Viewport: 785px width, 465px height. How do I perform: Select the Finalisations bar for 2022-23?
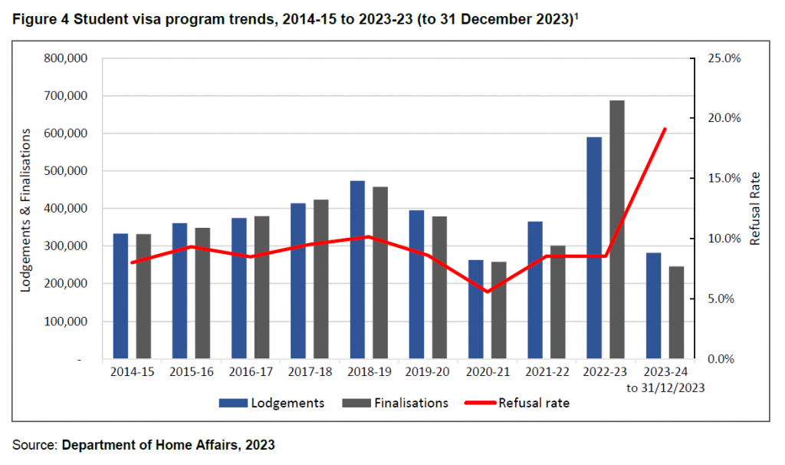click(617, 229)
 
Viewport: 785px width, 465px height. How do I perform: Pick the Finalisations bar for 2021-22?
click(558, 302)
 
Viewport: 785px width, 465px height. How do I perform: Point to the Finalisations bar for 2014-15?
click(143, 296)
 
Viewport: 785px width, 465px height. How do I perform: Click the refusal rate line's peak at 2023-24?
click(665, 129)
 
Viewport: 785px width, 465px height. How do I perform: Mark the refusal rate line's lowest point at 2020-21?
click(488, 292)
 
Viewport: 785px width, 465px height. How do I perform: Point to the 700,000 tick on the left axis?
click(67, 96)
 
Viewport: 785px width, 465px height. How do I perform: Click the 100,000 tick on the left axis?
click(67, 322)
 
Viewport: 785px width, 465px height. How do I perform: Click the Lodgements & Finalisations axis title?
click(25, 209)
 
